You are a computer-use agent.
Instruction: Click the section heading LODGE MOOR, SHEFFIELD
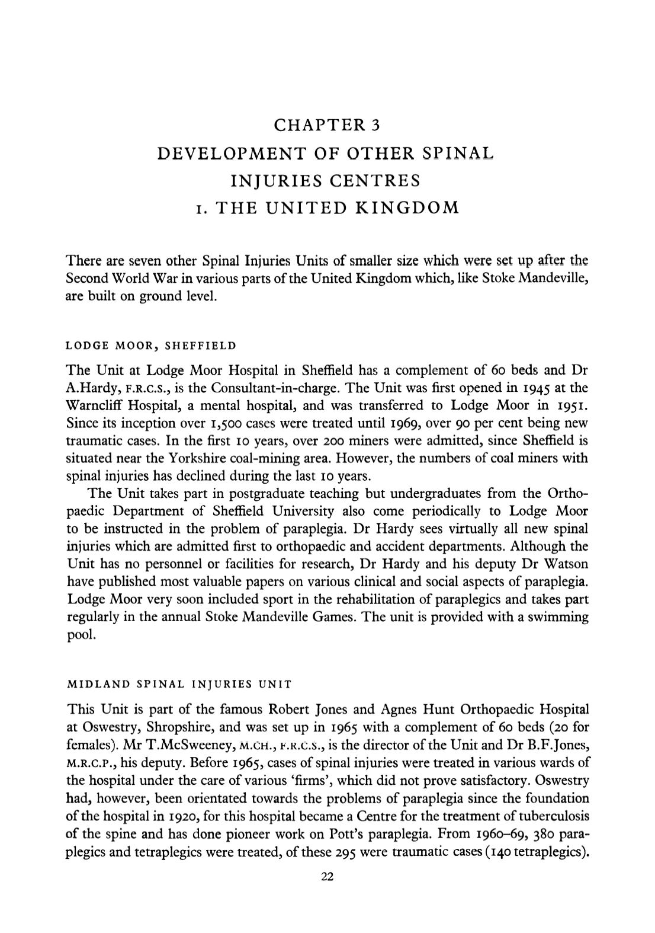(x=151, y=345)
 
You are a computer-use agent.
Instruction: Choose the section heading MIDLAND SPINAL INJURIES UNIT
(x=180, y=683)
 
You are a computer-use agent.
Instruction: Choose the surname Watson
(x=568, y=564)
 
